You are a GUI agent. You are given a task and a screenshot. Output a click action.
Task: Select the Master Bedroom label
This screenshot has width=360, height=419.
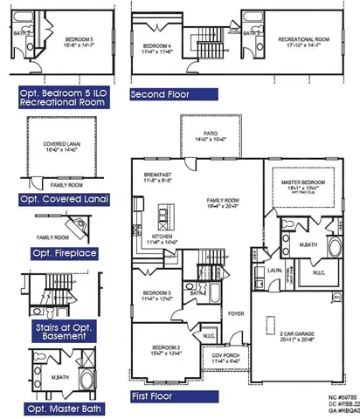tap(297, 182)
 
